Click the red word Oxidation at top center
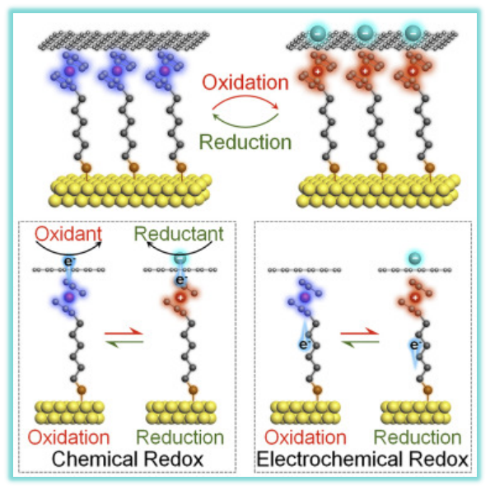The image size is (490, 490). coord(245,82)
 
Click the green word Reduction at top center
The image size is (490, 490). coord(245,142)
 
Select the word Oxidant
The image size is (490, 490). coord(68,234)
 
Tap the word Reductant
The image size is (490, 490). coord(179,234)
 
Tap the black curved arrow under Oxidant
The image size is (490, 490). coord(68,252)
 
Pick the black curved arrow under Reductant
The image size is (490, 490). coord(180,252)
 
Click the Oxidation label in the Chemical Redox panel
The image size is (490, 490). coord(68,437)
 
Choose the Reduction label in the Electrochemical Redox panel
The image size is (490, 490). coord(418,437)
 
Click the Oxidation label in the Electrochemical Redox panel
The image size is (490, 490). coord(306,437)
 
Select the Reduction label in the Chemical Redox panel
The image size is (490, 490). coord(180,437)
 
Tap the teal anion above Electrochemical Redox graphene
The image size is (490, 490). coord(415,259)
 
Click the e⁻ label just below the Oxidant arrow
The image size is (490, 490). coord(68,261)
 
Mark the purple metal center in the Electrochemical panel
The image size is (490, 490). coord(305,297)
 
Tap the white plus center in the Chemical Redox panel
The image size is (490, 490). coord(180,297)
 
